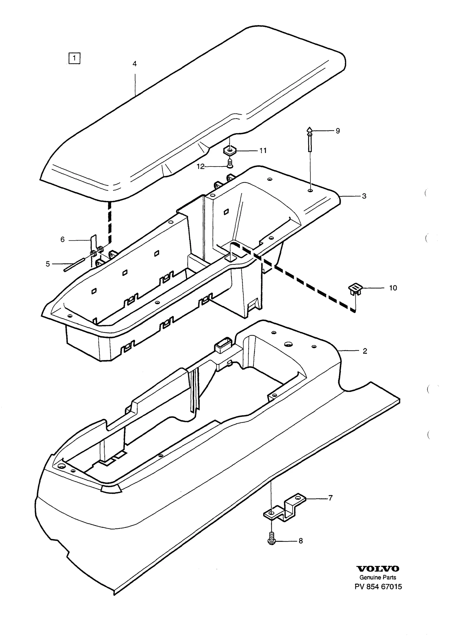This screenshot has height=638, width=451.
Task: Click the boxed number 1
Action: [74, 58]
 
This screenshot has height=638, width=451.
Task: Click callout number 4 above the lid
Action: [135, 64]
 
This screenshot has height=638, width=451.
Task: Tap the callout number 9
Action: [338, 131]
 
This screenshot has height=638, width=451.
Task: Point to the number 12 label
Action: [201, 167]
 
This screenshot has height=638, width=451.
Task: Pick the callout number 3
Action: [364, 196]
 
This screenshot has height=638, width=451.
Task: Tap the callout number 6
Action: [63, 240]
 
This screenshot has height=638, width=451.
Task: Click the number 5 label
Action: [48, 264]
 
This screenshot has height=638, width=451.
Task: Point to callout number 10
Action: [393, 288]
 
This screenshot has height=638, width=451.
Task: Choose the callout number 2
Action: [365, 351]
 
